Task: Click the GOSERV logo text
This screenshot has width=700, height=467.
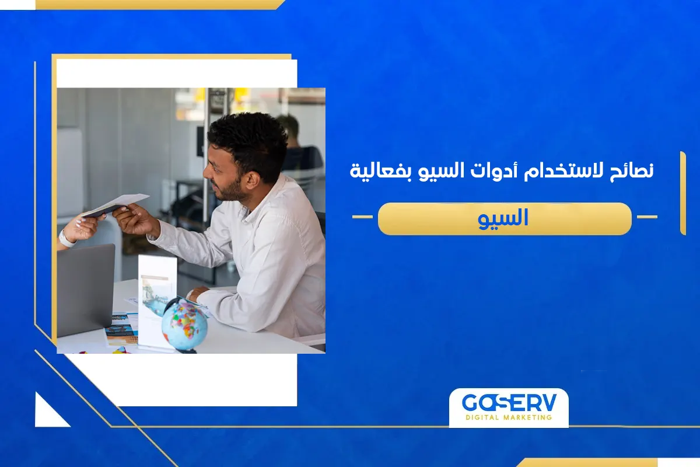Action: point(508,403)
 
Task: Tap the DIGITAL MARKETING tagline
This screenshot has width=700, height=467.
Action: point(508,417)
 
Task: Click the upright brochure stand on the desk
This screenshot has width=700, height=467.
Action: point(157,301)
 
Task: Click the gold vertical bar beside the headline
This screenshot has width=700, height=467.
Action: point(682,193)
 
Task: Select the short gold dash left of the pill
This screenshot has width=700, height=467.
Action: point(362,217)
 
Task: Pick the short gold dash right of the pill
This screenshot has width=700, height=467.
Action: point(646,217)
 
